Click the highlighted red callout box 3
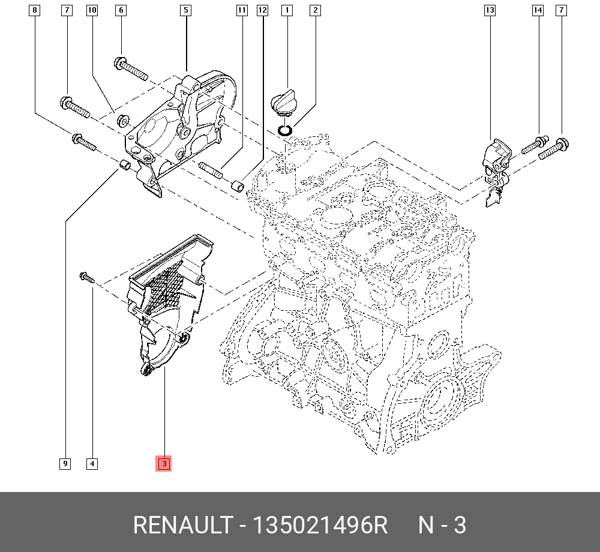click(x=164, y=463)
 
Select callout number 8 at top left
click(x=35, y=10)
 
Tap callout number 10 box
click(x=91, y=10)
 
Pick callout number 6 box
click(x=121, y=10)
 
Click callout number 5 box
click(x=186, y=10)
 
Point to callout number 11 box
click(x=241, y=10)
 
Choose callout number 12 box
click(x=262, y=10)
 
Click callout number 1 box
click(x=287, y=10)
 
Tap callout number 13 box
click(x=490, y=10)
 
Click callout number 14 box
click(x=538, y=10)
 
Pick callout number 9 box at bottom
click(x=64, y=463)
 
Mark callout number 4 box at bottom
click(x=92, y=463)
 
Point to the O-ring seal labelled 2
click(x=286, y=130)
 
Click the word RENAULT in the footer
click(x=181, y=526)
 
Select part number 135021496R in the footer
click(x=320, y=526)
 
